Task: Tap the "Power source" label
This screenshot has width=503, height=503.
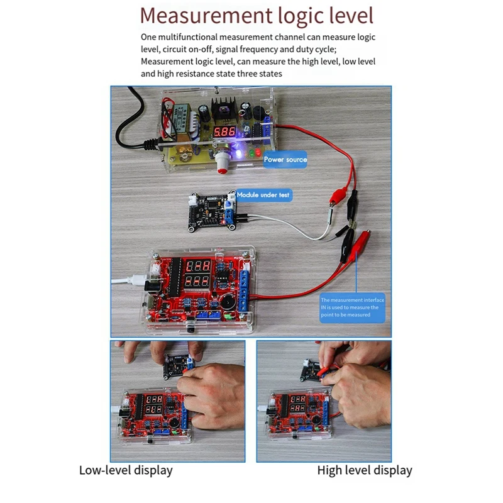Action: point(285,159)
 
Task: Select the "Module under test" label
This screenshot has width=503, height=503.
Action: point(264,195)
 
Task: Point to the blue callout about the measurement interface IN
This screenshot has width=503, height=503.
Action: point(352,308)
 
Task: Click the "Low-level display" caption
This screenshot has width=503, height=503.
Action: point(126,470)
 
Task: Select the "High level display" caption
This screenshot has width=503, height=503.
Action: point(365,470)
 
